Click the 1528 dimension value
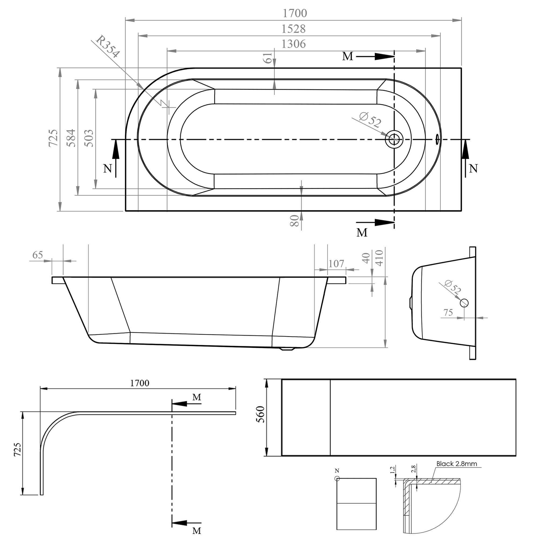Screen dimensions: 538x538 tap(293, 29)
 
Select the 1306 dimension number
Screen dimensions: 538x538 tap(293, 44)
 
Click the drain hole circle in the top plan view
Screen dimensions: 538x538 tap(394, 139)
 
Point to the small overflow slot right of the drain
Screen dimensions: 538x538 tap(437, 138)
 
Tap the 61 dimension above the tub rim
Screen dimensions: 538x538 tap(268, 58)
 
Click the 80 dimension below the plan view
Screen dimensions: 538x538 tap(295, 221)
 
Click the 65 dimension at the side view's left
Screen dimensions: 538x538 tap(38, 255)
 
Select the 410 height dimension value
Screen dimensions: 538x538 tap(379, 258)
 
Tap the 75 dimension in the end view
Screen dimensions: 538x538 tap(448, 312)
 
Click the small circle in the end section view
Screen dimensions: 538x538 tap(464, 303)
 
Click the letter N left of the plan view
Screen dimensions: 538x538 tap(108, 168)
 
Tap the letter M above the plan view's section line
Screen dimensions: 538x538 tap(347, 56)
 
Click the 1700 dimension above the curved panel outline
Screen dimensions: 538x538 tap(140, 383)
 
